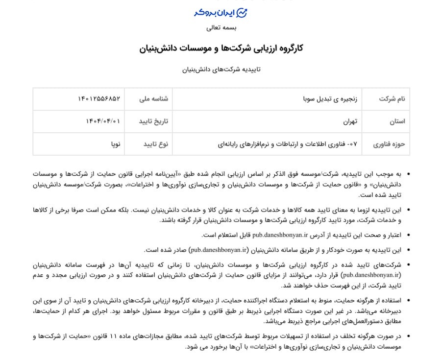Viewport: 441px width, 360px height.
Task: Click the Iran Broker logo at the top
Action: point(220,13)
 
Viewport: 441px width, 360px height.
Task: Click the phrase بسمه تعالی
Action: point(221,28)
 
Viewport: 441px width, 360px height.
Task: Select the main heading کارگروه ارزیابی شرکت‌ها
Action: point(221,48)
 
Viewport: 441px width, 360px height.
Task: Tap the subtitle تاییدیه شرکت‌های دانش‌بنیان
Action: point(221,70)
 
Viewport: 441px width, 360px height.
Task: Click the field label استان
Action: point(397,121)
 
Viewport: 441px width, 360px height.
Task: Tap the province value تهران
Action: point(350,121)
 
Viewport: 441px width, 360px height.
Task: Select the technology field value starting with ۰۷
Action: point(289,144)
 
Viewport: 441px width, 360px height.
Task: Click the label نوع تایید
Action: point(156,144)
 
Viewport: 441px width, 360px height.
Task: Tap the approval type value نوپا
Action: point(116,144)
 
